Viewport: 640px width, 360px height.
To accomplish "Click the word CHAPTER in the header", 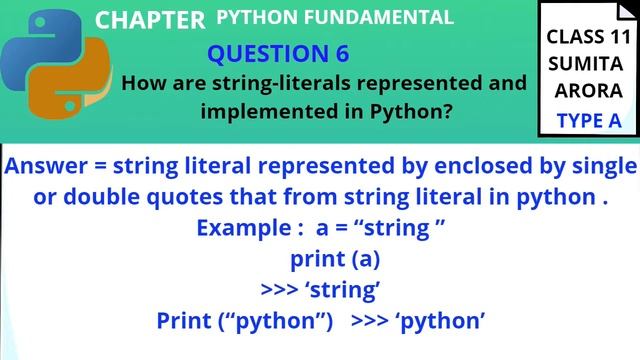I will pyautogui.click(x=149, y=20).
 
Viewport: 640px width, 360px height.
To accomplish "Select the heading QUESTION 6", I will pyautogui.click(x=278, y=53).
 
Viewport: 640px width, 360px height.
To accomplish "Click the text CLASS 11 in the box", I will pyautogui.click(x=587, y=38).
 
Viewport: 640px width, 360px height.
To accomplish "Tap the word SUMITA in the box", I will pyautogui.click(x=588, y=64).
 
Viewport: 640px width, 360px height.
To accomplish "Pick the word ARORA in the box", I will pyautogui.click(x=588, y=91).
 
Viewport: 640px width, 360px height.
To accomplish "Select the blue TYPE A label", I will pyautogui.click(x=588, y=121).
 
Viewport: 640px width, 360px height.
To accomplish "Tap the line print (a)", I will pyautogui.click(x=335, y=259).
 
